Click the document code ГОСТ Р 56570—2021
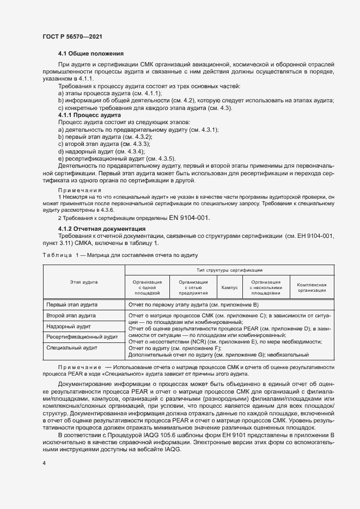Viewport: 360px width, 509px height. [72, 36]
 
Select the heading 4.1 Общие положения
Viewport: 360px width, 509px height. [90, 53]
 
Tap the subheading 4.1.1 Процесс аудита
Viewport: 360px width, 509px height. [89, 115]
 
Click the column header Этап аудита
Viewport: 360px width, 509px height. [83, 282]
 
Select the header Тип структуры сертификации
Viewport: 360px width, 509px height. [230, 270]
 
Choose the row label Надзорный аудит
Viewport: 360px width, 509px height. [68, 327]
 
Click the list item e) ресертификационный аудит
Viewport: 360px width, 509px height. [101, 158]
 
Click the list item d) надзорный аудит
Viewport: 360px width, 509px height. [88, 151]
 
